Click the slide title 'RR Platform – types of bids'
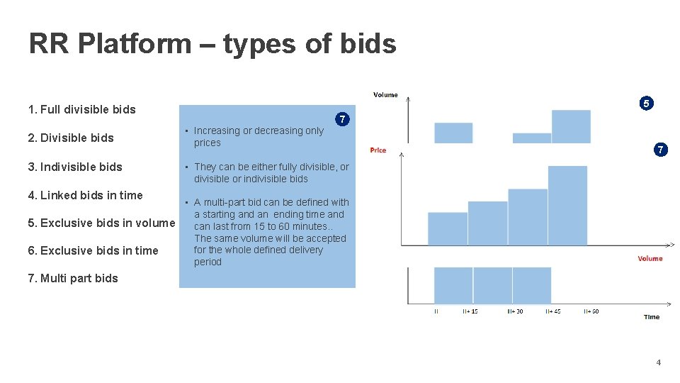(x=212, y=44)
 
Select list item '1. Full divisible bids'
(x=81, y=109)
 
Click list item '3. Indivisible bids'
(x=75, y=167)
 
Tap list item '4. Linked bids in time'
(x=85, y=195)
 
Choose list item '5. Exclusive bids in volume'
(x=101, y=223)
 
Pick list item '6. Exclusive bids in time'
(x=93, y=250)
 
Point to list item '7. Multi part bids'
(x=73, y=278)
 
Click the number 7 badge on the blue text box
(x=342, y=119)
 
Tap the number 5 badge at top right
(x=645, y=104)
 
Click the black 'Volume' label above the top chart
(x=385, y=94)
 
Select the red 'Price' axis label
(x=378, y=150)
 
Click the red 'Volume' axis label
(x=650, y=258)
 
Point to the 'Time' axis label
(x=652, y=317)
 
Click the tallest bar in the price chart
(x=567, y=206)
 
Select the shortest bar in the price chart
(x=448, y=228)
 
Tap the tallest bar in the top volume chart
(x=571, y=126)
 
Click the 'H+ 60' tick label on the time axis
(x=590, y=311)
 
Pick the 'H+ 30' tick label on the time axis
(x=515, y=311)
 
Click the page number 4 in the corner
(x=658, y=362)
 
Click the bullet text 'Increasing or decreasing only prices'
(x=259, y=136)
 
